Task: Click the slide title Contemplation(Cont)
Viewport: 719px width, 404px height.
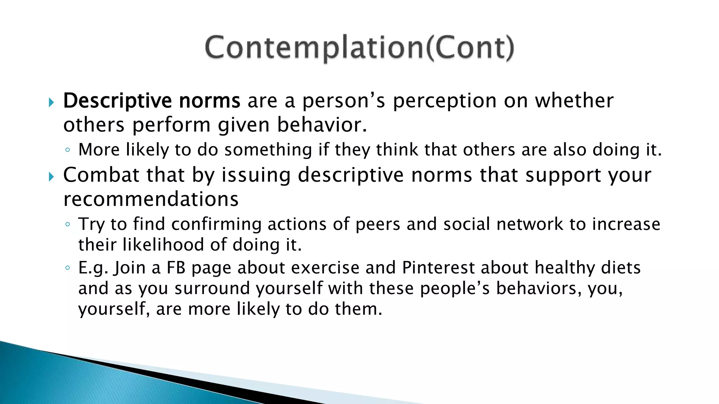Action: coord(359,48)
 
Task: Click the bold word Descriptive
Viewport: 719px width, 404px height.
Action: coord(117,101)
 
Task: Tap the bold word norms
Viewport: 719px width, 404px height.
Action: coord(210,101)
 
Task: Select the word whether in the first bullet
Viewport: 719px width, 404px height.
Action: coord(574,101)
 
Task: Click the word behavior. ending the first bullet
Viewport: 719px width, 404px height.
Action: coord(322,125)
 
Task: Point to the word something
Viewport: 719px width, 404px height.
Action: coord(268,150)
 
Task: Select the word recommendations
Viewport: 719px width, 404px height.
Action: coord(151,199)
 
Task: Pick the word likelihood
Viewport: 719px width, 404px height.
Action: coord(163,244)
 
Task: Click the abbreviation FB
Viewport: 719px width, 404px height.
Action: coord(176,268)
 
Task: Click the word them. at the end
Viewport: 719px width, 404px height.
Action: coord(358,309)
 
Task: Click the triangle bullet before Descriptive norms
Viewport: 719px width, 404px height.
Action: coord(51,102)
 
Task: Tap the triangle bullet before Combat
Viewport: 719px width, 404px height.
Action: coord(51,176)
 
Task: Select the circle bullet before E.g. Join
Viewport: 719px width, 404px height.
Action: coord(68,268)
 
